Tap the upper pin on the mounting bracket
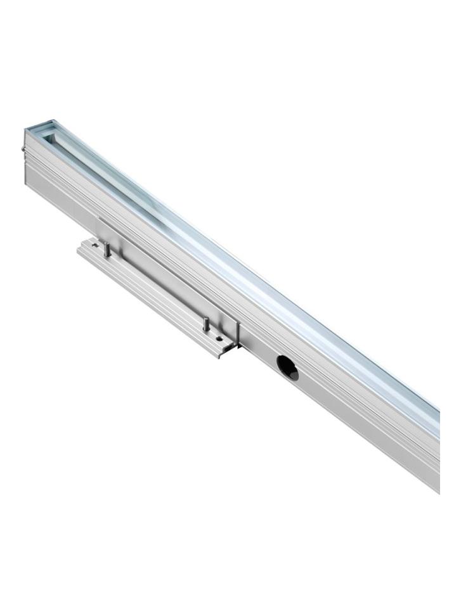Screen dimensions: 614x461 (x=107, y=249)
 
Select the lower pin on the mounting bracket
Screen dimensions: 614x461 (x=205, y=323)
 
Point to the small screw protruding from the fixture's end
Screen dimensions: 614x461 (x=23, y=150)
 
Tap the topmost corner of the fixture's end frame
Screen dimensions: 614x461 (x=53, y=118)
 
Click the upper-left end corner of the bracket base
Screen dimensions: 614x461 (x=79, y=248)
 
